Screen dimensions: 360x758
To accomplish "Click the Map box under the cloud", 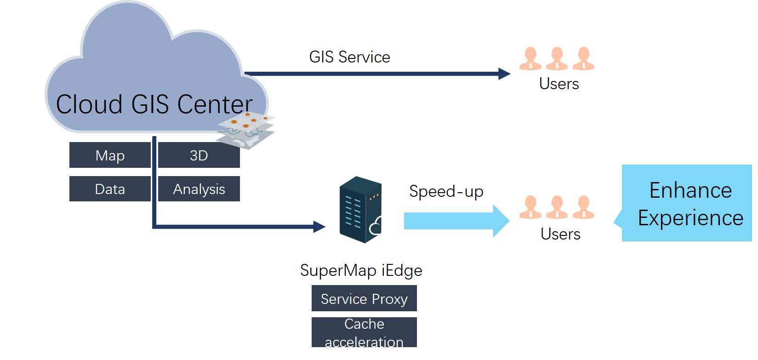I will click(110, 155).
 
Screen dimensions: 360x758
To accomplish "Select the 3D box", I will click(199, 155).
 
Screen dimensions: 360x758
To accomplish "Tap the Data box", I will click(110, 189).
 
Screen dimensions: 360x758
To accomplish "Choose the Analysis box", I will click(199, 189).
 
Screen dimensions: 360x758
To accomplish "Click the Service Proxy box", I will click(364, 298).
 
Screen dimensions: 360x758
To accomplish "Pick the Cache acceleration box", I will click(364, 332).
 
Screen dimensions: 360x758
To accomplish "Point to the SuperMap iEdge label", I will click(361, 270).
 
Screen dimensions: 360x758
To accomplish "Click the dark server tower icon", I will click(360, 210).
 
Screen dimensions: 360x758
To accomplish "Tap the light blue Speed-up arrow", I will click(455, 221).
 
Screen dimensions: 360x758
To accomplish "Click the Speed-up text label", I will click(446, 191).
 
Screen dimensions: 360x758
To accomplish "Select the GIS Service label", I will click(349, 57).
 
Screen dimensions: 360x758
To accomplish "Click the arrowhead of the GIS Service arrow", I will click(504, 74).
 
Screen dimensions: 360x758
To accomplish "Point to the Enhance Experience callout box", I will click(687, 204).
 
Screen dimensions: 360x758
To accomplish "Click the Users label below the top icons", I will click(559, 84).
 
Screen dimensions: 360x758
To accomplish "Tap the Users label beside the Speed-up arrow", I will click(560, 234).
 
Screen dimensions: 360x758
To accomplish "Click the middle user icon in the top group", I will click(557, 58).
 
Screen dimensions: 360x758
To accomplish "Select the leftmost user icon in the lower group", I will click(530, 207).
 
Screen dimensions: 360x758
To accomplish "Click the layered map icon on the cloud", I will click(246, 130).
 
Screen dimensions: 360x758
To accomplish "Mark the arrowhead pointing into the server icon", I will click(319, 226).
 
